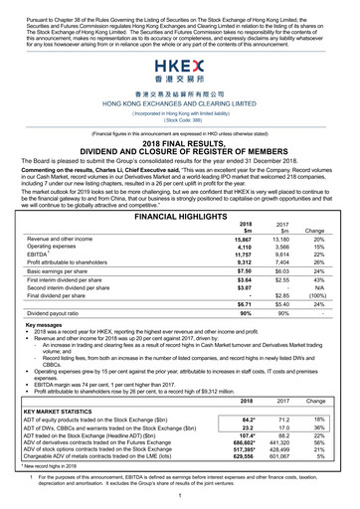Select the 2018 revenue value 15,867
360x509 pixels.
[x=241, y=212]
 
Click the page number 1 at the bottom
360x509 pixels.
[x=180, y=495]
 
